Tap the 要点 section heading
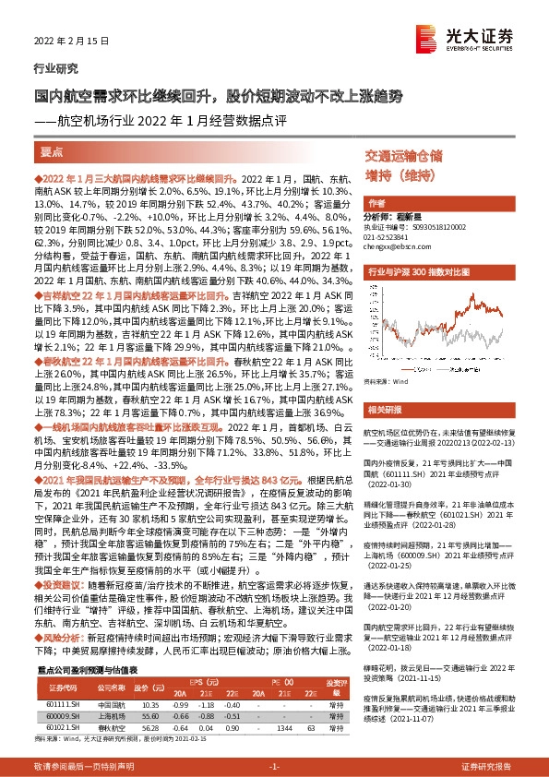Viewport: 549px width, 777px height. tap(52, 152)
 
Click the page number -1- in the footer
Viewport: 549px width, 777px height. tap(273, 766)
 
